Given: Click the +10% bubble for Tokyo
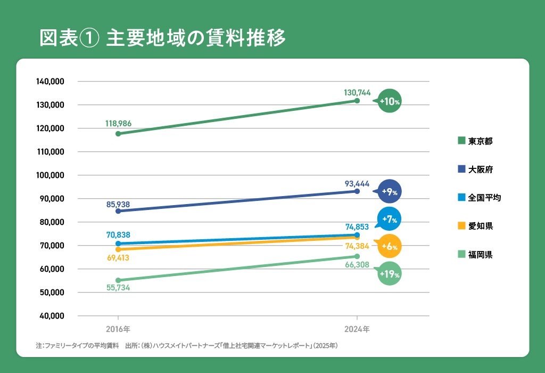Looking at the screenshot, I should point(390,101).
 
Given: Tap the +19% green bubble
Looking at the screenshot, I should point(390,274).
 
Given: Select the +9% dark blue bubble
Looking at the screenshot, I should point(390,192).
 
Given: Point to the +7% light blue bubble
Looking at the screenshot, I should point(390,219).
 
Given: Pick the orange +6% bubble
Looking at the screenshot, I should point(390,246).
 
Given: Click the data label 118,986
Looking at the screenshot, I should point(119,124).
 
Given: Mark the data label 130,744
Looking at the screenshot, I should point(357,92).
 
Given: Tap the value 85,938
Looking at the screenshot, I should point(118,204).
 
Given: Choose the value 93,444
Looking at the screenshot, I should point(357,184).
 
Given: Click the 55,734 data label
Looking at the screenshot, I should point(118,288).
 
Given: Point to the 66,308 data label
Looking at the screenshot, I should point(357,264).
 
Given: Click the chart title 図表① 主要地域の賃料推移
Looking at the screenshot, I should point(163,38).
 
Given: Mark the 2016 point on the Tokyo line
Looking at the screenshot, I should point(118,134).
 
